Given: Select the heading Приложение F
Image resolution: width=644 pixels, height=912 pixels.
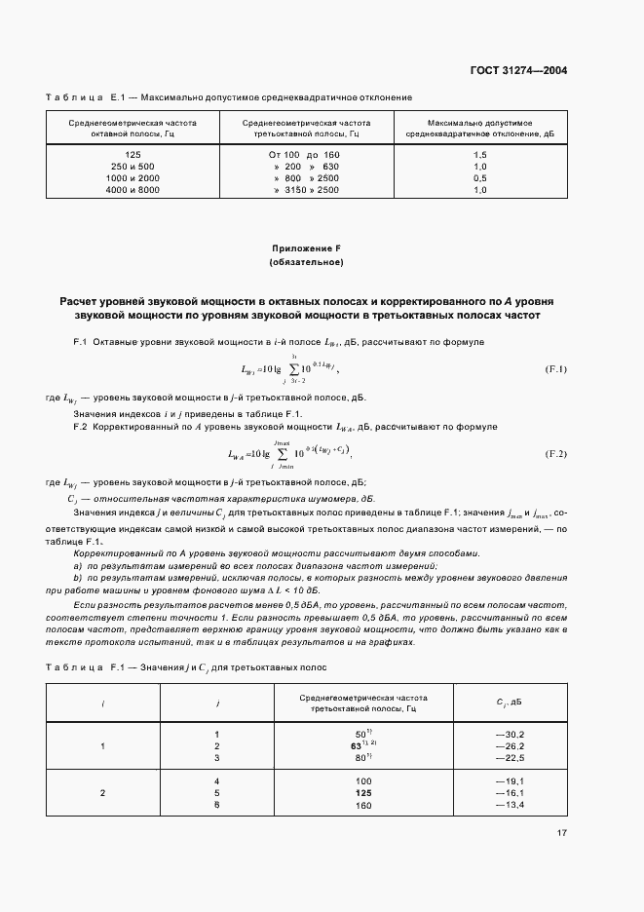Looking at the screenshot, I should tap(306, 248).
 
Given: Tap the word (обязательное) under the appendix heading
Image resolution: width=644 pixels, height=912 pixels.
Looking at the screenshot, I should tap(306, 263).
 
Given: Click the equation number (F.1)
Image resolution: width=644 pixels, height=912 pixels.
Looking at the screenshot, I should tap(556, 368).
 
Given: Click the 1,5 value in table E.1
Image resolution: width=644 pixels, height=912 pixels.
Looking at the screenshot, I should tap(479, 155).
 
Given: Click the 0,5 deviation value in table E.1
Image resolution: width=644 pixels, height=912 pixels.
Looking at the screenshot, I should tap(479, 178).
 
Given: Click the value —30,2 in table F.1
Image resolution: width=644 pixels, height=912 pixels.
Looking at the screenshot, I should tap(510, 734).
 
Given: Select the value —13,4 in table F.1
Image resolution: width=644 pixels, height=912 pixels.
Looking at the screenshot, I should tap(510, 805).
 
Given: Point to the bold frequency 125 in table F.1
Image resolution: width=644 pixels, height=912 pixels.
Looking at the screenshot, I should tap(363, 793).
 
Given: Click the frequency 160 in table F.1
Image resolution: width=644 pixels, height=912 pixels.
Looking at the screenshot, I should tap(363, 805).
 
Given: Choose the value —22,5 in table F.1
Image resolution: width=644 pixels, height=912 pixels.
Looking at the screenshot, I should tap(510, 757).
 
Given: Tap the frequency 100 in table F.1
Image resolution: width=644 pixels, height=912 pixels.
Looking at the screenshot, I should tap(363, 781).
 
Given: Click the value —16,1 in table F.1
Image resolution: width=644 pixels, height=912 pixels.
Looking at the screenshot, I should tap(510, 793).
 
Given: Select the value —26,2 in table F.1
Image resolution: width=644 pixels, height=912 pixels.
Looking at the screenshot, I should tap(510, 745).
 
